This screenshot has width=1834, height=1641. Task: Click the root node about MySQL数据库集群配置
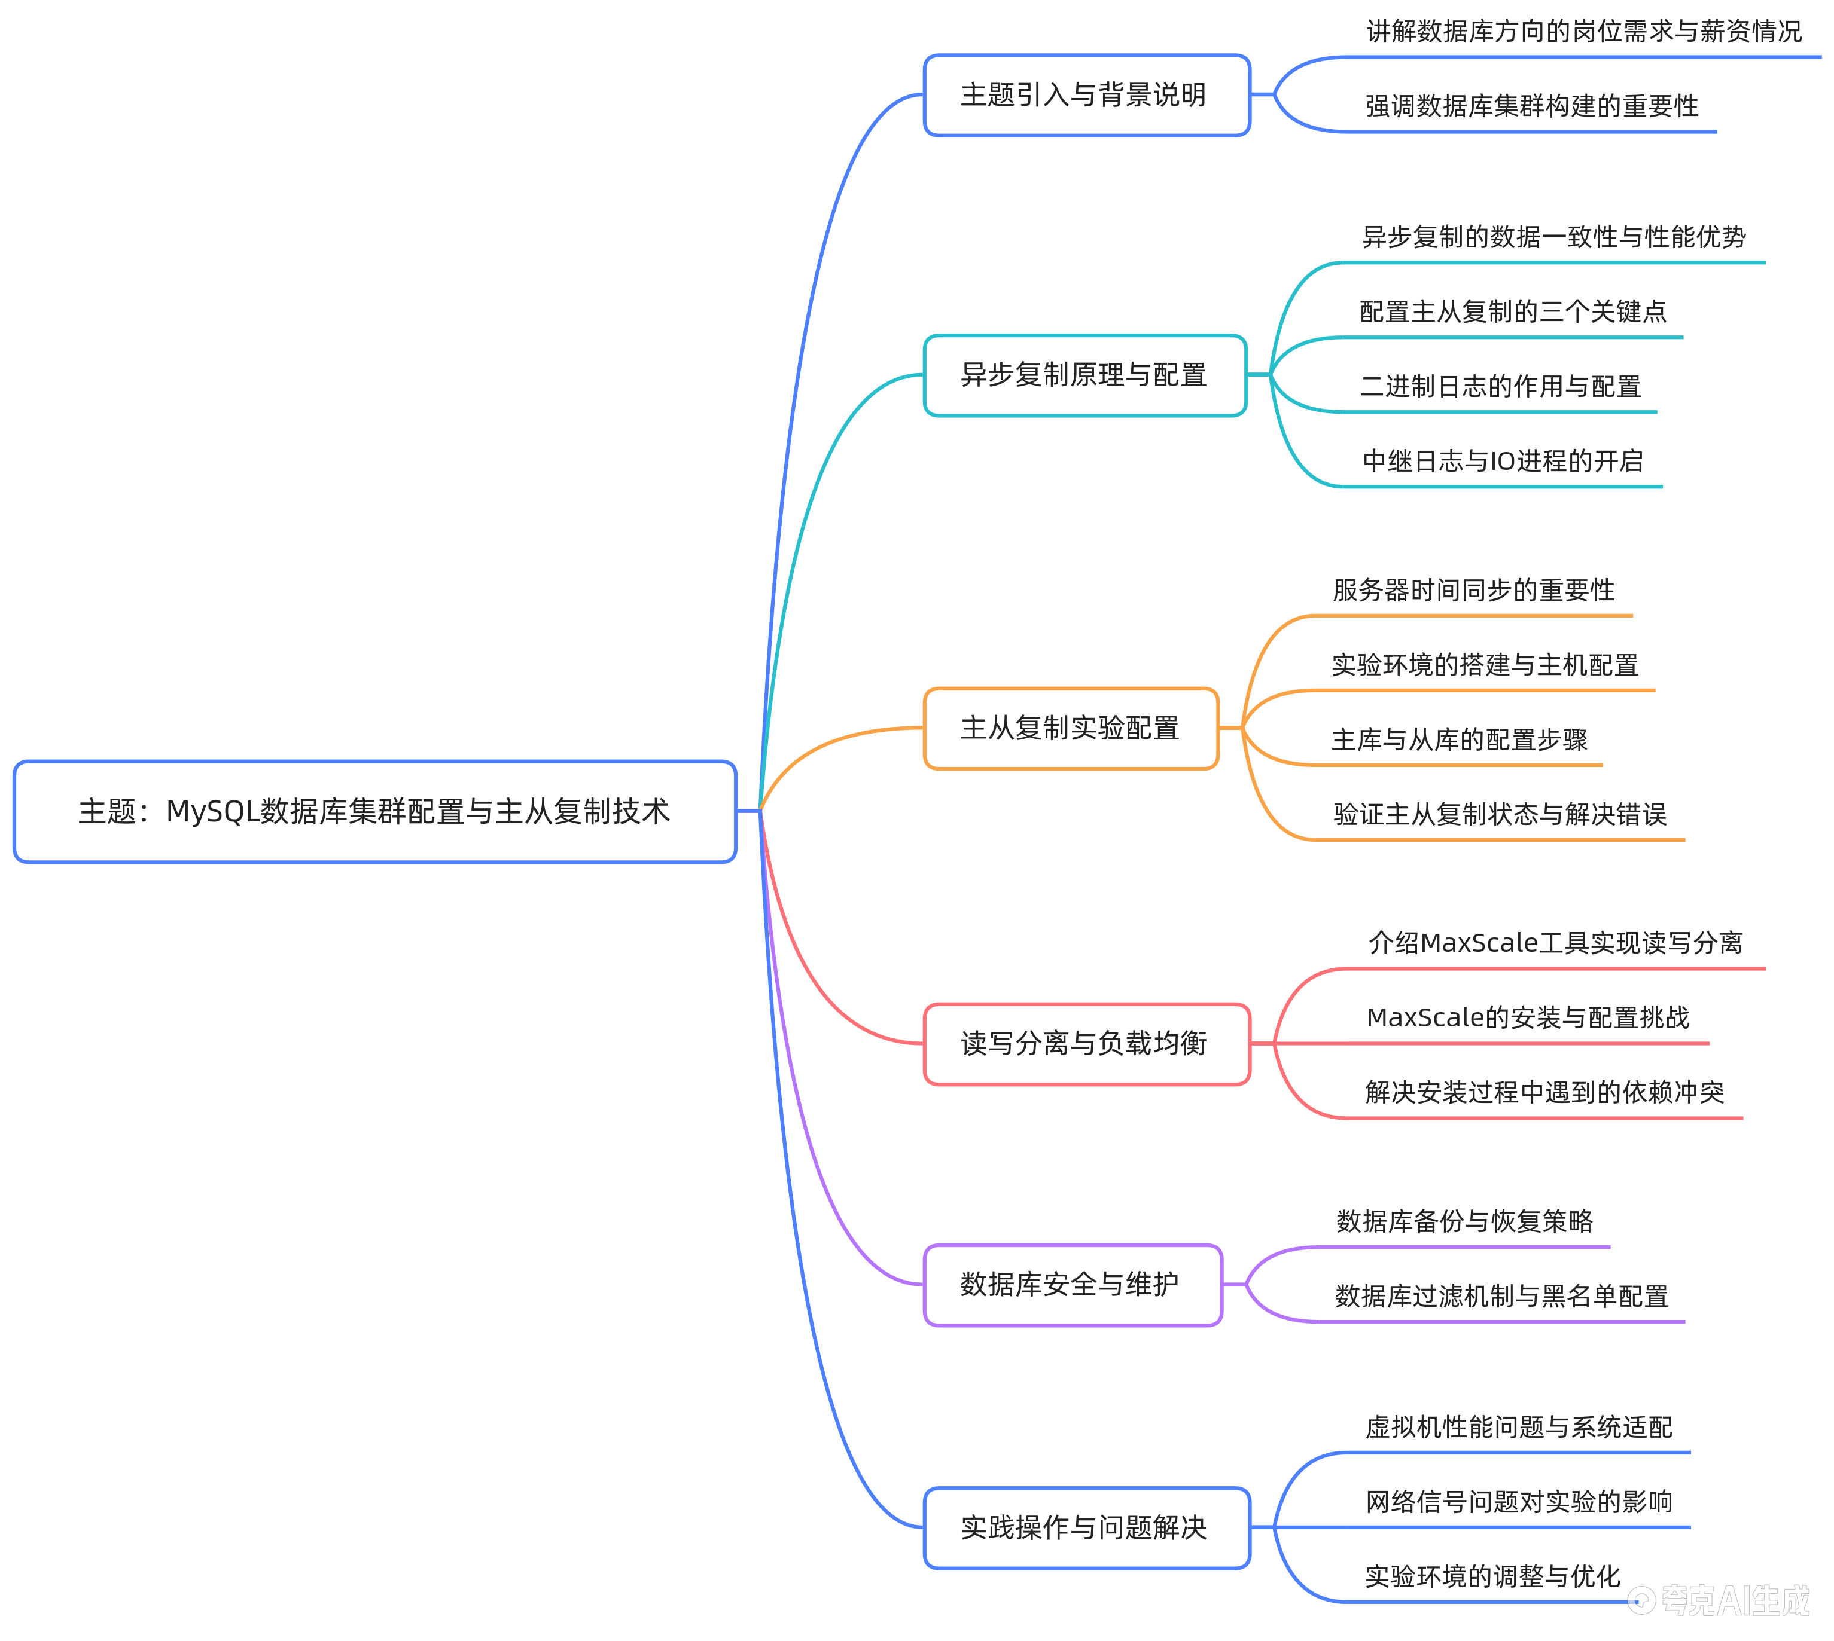(374, 811)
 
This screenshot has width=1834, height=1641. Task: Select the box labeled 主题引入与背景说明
(1086, 94)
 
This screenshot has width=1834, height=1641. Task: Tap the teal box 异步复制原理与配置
(1084, 375)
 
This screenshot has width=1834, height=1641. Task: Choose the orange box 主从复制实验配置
(1071, 729)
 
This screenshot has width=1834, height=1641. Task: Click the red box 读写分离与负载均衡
(1086, 1044)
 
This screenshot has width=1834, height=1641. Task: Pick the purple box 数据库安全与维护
(1073, 1285)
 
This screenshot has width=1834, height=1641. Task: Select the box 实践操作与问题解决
(1086, 1528)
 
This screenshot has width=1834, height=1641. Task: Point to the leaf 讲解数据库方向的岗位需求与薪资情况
(1583, 32)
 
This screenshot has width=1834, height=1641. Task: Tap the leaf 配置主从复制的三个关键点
(1513, 312)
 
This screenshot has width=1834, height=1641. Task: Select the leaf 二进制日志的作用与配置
(1500, 387)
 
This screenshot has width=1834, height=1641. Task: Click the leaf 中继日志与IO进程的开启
(1503, 462)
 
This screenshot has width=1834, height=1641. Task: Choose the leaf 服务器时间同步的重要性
(1473, 591)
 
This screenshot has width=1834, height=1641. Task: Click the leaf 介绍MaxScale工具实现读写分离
(1555, 943)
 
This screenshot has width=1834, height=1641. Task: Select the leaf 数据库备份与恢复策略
(1464, 1222)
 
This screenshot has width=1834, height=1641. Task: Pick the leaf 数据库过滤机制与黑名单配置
(1501, 1297)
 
